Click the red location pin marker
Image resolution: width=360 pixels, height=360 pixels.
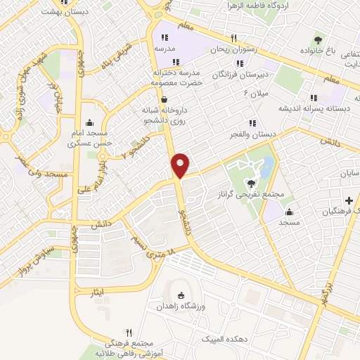point(181,165)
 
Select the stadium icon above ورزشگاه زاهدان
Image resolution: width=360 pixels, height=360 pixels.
point(181,296)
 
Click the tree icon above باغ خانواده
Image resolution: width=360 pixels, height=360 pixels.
point(318,39)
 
